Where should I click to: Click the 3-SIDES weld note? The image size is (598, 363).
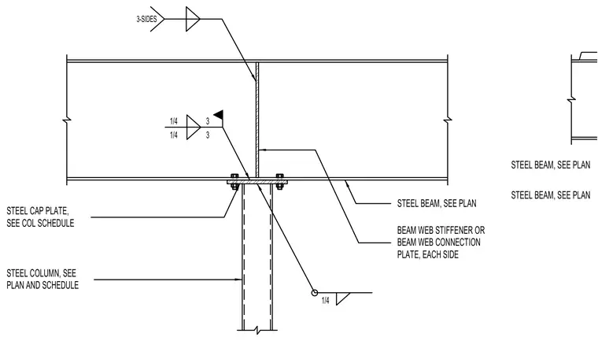pyautogui.click(x=146, y=19)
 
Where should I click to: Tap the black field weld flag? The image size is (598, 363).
pyautogui.click(x=219, y=114)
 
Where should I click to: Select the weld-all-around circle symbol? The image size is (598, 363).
pyautogui.click(x=314, y=293)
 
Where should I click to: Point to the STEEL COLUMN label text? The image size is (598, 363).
pyautogui.click(x=42, y=279)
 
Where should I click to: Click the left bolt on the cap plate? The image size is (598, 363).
pyautogui.click(x=234, y=182)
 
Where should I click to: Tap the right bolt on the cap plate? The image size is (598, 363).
pyautogui.click(x=279, y=182)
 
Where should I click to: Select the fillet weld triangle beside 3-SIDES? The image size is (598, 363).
pyautogui.click(x=193, y=19)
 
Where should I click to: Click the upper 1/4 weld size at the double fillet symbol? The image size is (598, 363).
pyautogui.click(x=174, y=121)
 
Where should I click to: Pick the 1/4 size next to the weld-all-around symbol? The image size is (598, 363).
pyautogui.click(x=325, y=301)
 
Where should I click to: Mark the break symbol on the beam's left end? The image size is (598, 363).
pyautogui.click(x=67, y=120)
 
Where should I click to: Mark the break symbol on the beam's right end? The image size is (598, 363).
pyautogui.click(x=448, y=120)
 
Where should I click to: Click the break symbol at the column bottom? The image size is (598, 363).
pyautogui.click(x=258, y=330)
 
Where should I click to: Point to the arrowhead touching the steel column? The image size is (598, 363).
pyautogui.click(x=239, y=280)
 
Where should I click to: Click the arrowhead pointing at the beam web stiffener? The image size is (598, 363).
pyautogui.click(x=262, y=150)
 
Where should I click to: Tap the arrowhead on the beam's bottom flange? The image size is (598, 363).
pyautogui.click(x=346, y=183)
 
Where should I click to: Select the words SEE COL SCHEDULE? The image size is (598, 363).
pyautogui.click(x=40, y=224)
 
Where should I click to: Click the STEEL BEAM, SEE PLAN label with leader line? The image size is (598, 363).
pyautogui.click(x=437, y=203)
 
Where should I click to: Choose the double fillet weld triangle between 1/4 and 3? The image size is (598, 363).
pyautogui.click(x=194, y=127)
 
